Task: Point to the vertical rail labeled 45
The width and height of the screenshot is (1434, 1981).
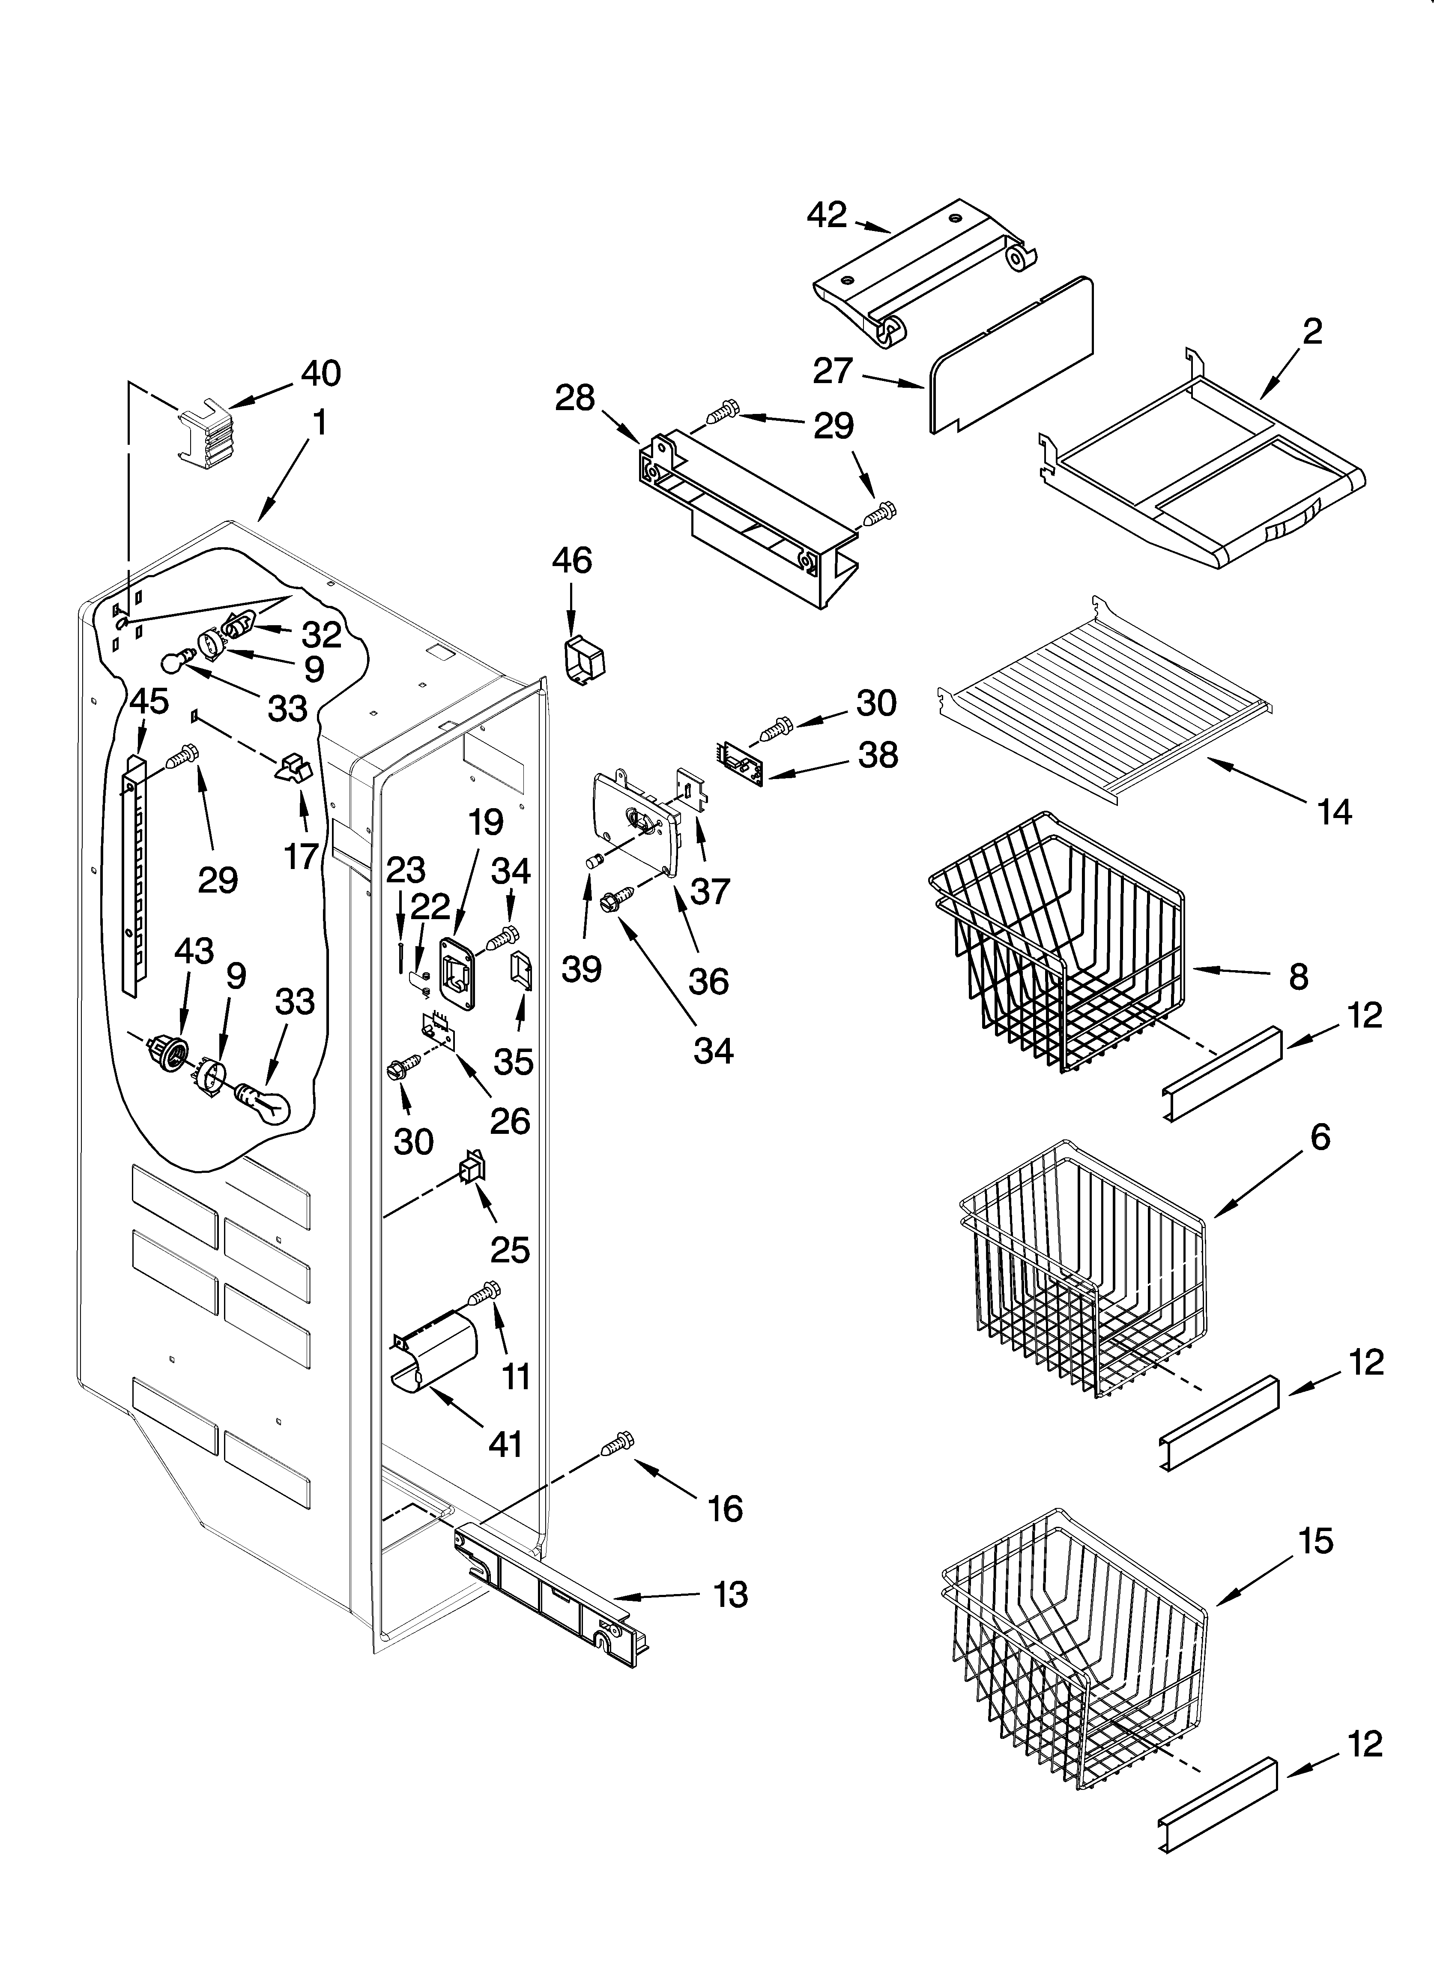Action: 133,873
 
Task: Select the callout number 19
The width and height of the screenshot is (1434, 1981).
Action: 486,822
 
